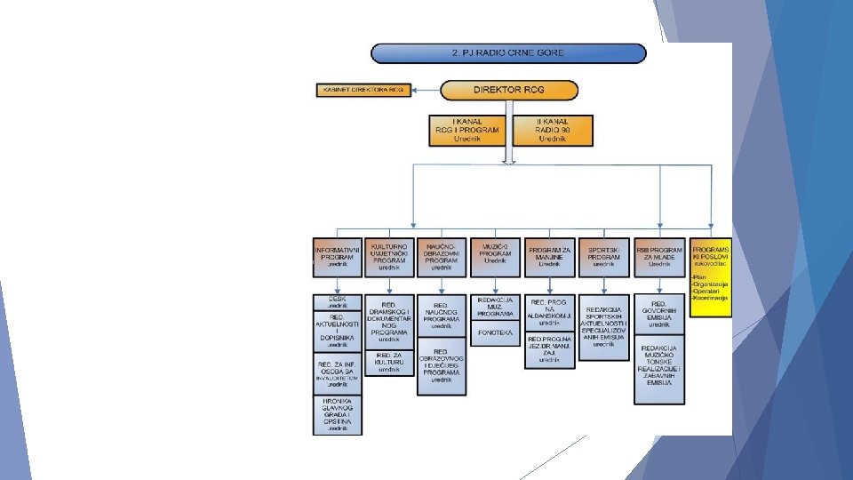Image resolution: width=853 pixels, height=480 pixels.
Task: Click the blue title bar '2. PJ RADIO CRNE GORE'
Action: [x=507, y=53]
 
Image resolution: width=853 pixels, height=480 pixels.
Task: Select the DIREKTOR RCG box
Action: [x=509, y=90]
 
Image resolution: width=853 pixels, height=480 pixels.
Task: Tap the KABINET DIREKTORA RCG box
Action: [x=363, y=90]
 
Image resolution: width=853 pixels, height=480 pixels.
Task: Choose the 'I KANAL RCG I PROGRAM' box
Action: [x=466, y=130]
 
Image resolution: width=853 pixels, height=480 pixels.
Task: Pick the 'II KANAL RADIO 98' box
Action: [x=551, y=130]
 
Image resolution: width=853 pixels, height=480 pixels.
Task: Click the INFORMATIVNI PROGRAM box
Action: [x=338, y=256]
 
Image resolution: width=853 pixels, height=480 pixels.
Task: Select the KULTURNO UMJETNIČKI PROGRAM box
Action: [x=389, y=256]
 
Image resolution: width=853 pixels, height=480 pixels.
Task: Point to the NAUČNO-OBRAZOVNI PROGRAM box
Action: [x=442, y=256]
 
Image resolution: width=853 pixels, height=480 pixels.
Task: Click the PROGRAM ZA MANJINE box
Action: [x=550, y=256]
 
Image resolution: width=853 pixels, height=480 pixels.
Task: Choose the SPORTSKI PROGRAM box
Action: [x=603, y=256]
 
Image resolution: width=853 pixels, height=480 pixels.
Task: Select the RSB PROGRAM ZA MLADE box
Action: [x=659, y=256]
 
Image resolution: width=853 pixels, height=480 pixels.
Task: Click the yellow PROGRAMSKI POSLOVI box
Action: [x=711, y=276]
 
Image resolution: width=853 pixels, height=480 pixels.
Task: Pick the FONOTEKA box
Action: [x=496, y=333]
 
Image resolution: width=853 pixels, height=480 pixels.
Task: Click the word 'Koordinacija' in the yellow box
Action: [x=712, y=298]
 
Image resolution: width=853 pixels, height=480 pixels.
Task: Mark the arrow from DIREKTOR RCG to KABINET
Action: [x=427, y=90]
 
